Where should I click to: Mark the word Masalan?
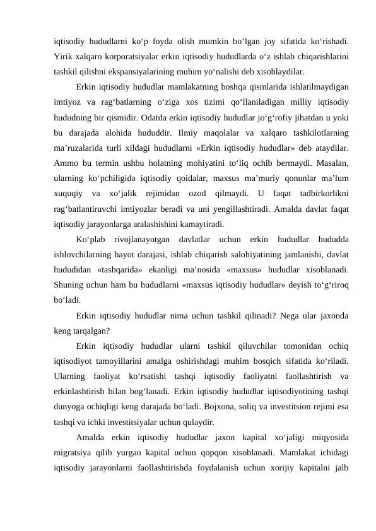tap(331, 163)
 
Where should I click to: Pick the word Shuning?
tap(69, 284)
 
